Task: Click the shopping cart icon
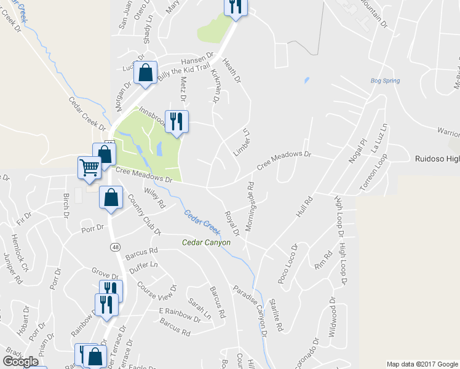pyautogui.click(x=89, y=167)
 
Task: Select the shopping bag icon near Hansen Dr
pyautogui.click(x=145, y=73)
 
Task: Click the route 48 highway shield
pyautogui.click(x=115, y=247)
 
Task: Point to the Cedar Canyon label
pyautogui.click(x=206, y=242)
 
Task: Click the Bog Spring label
pyautogui.click(x=386, y=81)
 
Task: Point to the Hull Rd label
pyautogui.click(x=304, y=207)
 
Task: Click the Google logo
pyautogui.click(x=20, y=362)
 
